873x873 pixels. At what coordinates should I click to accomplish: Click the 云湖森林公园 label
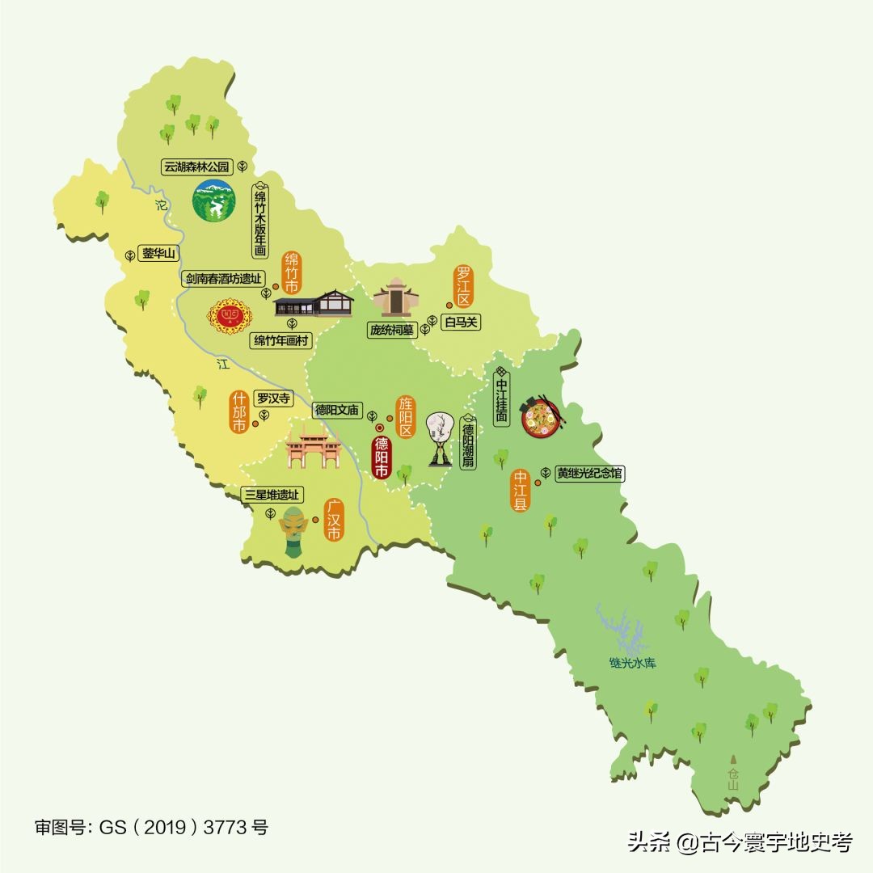click(x=196, y=167)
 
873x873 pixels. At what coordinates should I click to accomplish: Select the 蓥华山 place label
click(x=158, y=254)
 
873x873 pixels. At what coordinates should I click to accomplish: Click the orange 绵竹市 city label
click(x=291, y=273)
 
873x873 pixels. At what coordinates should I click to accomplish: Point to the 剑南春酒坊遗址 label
click(x=223, y=279)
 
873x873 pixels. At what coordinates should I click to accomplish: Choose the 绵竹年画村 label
click(x=281, y=340)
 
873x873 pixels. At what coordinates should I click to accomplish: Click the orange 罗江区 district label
click(x=463, y=285)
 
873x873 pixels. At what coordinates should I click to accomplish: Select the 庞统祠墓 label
click(x=391, y=330)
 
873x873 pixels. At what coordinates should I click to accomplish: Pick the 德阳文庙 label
click(x=337, y=410)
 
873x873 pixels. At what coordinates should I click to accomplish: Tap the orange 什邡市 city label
click(x=238, y=412)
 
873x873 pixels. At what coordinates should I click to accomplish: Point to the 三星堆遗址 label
click(x=272, y=495)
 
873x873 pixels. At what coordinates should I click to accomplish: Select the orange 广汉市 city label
click(x=333, y=520)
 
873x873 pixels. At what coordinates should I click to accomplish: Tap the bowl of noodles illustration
click(x=540, y=417)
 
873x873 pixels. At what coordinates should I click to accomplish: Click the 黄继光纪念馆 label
click(x=590, y=474)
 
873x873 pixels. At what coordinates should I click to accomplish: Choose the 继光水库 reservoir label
click(x=633, y=664)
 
